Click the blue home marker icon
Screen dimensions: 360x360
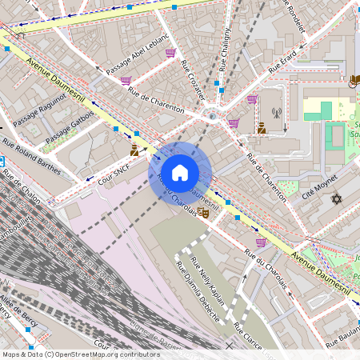point(180,172)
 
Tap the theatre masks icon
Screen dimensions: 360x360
point(203,213)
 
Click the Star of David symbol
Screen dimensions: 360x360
point(336,198)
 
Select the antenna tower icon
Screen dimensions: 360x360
point(277,114)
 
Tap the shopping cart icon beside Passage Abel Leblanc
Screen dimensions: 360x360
point(170,53)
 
